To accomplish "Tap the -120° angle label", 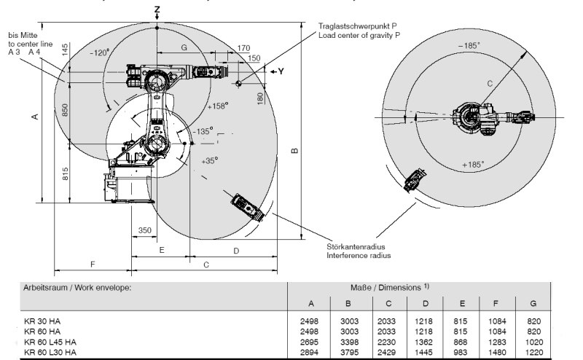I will pos(98,52).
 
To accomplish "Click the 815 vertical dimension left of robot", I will pos(66,173).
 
